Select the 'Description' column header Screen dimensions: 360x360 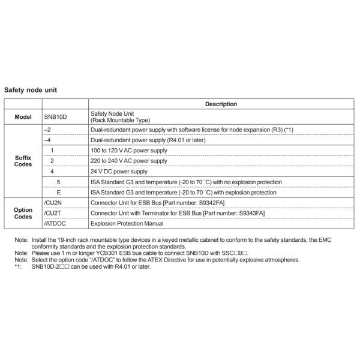(x=221, y=104)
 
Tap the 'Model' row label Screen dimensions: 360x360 (x=23, y=117)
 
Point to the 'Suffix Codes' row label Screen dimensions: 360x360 (x=23, y=161)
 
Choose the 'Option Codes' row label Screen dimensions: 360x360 (x=23, y=213)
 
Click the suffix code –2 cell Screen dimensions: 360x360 (x=48, y=130)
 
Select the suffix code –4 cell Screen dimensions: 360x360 (x=48, y=140)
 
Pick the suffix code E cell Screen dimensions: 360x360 (x=58, y=192)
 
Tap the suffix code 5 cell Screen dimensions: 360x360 (x=58, y=182)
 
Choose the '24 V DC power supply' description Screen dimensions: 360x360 (x=118, y=171)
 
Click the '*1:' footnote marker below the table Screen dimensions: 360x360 (x=17, y=266)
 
